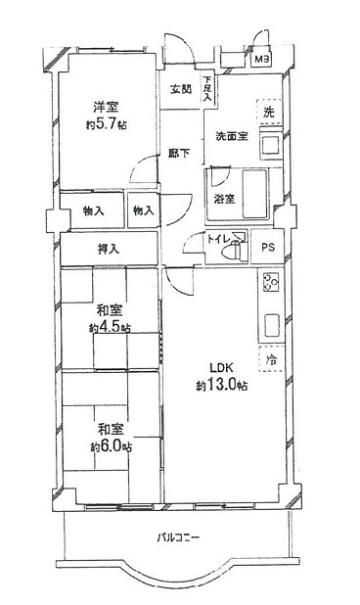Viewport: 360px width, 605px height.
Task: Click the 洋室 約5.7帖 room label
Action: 107,116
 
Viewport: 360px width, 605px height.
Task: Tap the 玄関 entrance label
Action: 181,89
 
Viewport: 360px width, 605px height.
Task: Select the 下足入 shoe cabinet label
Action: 208,89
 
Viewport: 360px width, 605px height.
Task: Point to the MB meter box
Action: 262,60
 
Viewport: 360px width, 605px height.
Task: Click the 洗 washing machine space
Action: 269,113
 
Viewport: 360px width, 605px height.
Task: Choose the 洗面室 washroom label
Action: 231,136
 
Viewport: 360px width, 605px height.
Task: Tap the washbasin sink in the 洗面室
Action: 272,146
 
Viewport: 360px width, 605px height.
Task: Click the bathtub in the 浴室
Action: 254,193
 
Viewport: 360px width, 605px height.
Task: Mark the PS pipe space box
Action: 268,247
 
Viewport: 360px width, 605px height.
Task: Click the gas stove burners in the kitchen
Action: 271,283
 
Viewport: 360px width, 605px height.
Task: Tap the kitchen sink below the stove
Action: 272,325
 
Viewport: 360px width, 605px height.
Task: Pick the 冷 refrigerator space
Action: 271,359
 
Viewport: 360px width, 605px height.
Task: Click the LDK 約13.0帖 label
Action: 222,377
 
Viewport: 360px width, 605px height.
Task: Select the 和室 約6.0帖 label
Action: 111,438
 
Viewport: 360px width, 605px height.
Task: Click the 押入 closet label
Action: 109,250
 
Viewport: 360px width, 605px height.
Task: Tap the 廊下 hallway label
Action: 179,153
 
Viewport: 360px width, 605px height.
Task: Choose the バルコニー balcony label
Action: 178,537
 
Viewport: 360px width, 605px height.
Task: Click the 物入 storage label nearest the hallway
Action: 144,210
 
